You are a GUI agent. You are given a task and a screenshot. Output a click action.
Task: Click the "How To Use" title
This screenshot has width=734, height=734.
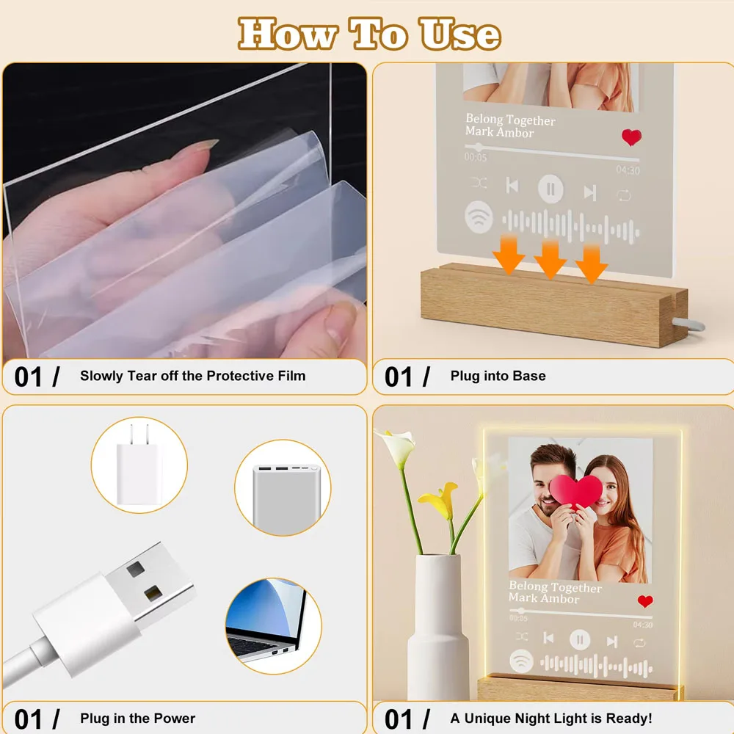[x=369, y=34]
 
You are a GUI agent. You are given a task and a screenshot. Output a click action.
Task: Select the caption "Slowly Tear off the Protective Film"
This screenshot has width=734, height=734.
[x=192, y=376]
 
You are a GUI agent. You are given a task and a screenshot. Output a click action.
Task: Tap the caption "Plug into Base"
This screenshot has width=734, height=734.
[x=498, y=376]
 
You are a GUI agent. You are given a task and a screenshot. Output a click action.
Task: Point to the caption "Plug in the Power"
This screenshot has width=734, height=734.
[x=138, y=718]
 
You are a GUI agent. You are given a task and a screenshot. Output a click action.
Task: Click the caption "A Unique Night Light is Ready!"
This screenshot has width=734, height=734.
[x=550, y=718]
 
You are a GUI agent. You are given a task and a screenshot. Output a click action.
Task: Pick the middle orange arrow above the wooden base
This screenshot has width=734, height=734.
[x=550, y=259]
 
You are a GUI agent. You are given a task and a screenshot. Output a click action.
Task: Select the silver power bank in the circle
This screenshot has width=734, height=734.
[x=283, y=487]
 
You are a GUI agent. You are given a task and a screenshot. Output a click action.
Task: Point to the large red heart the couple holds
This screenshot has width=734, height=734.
[x=576, y=490]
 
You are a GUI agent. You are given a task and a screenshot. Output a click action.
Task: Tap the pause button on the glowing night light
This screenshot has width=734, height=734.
[x=580, y=640]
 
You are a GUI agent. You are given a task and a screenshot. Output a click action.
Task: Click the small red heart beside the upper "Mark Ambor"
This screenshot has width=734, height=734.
[x=631, y=137]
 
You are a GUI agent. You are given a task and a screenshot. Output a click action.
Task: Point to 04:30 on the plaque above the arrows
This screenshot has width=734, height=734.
[x=628, y=170]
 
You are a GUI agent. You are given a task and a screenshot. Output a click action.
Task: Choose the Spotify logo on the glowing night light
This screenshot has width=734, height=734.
[x=522, y=661]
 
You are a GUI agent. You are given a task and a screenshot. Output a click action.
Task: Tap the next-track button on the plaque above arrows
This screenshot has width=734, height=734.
[x=589, y=192]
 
